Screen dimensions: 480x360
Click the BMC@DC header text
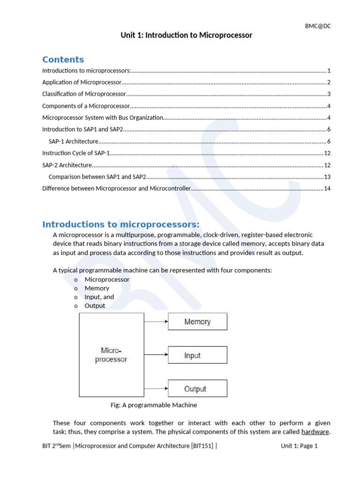pos(318,26)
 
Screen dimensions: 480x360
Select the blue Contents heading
pos(63,60)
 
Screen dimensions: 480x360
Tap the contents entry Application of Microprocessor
pos(82,82)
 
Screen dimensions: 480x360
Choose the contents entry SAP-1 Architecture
pos(73,142)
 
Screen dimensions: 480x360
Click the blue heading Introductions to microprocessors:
pos(121,224)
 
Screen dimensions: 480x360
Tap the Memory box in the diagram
pos(197,322)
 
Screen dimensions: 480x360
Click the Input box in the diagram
pos(197,355)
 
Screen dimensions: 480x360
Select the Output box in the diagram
pos(197,389)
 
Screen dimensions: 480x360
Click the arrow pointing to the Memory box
pos(156,322)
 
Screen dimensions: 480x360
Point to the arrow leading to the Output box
pos(156,389)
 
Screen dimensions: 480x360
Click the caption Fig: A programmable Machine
pos(153,405)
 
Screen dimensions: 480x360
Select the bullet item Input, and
pos(99,297)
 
